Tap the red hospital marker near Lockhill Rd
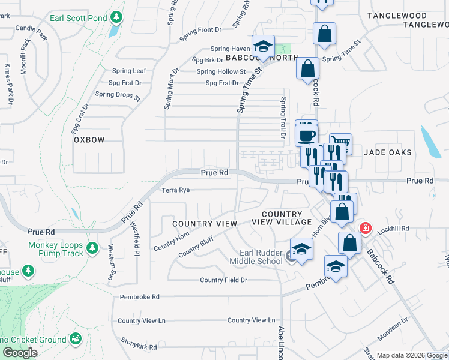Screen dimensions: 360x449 364,229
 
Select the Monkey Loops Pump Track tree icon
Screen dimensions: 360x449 92,248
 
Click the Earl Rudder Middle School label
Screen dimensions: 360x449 261,257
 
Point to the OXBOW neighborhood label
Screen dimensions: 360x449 89,140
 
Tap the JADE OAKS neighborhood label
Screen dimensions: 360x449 388,152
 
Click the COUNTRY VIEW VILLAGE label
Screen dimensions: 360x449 282,218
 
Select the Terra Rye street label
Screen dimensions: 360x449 176,190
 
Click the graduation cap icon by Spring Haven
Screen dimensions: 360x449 262,46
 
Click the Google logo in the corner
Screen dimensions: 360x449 20,353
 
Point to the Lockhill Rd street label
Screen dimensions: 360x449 396,229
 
